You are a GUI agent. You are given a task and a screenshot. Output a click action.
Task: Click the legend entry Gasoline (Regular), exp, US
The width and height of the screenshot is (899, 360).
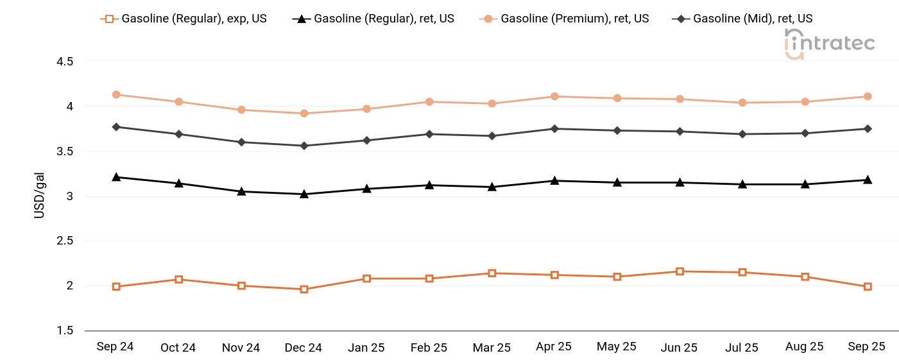pos(184,19)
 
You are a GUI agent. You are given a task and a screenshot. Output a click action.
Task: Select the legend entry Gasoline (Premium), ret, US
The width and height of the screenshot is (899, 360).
pos(564,19)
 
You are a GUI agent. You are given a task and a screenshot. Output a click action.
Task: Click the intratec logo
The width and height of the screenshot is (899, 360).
pos(830,44)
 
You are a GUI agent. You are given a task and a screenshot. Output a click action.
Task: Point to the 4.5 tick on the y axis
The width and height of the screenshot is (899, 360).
pos(65,62)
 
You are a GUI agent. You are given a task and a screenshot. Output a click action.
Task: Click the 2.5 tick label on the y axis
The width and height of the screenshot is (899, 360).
pos(65,241)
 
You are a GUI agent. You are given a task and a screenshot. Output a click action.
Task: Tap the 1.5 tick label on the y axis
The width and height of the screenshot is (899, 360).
pos(65,330)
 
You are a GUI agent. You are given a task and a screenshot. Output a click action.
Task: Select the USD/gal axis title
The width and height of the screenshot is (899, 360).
pos(40,196)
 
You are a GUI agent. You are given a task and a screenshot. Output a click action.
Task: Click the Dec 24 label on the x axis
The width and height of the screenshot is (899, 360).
pos(304,348)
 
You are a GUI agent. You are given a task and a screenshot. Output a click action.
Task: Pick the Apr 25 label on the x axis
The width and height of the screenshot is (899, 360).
pos(554,347)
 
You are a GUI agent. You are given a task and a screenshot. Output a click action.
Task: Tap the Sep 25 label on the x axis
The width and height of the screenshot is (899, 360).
pos(867,347)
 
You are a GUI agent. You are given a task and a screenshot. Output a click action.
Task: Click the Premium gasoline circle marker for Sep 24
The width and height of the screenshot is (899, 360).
pos(116,94)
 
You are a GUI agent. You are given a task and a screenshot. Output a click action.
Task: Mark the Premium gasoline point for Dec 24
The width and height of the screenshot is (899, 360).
pos(304,113)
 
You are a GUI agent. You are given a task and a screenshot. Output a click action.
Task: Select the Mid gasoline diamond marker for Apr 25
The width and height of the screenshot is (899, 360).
pos(554,129)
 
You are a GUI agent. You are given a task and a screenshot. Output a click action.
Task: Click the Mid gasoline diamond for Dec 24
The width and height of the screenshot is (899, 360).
pos(304,146)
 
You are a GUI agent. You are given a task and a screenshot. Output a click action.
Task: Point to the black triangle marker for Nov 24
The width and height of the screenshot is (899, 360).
pos(241,191)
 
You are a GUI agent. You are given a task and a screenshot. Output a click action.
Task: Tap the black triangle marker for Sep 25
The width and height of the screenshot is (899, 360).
pos(868,180)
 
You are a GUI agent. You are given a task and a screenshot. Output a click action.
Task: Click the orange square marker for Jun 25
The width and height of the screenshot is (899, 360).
pos(680,271)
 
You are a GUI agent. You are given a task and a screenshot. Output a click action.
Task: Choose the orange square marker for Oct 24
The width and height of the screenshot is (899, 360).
pos(179,279)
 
